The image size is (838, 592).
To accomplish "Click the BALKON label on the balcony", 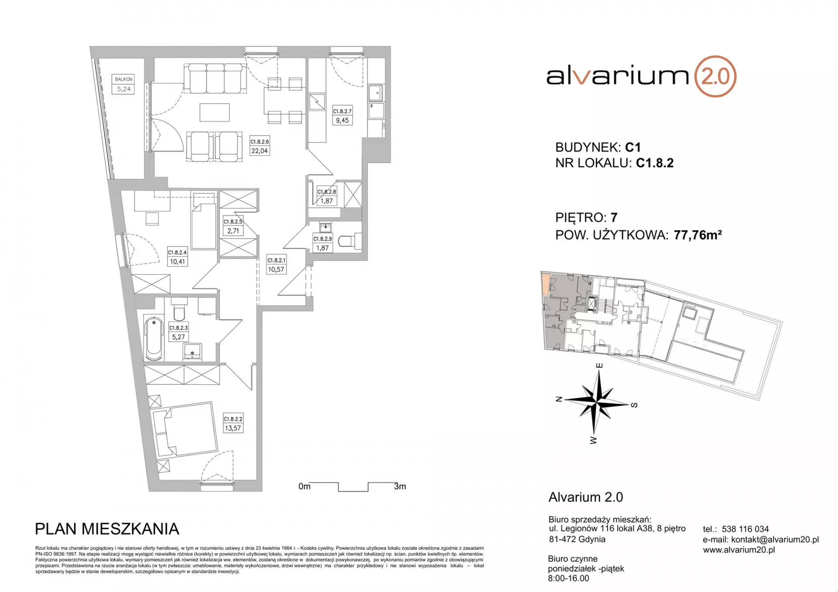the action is click(124, 79).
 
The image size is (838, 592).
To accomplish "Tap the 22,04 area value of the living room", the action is click(259, 151).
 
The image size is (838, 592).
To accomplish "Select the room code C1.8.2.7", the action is click(342, 111).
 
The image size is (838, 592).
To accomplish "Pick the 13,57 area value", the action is click(233, 428).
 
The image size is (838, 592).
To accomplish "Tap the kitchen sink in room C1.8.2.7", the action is click(375, 93).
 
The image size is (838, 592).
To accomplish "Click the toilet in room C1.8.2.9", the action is click(350, 241).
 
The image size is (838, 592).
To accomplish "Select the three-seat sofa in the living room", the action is click(216, 79).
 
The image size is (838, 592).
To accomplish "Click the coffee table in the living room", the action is click(215, 112).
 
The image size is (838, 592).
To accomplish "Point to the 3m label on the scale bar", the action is click(400, 486).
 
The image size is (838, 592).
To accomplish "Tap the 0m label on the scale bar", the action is click(304, 486).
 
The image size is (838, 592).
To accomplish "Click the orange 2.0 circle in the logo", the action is click(715, 76).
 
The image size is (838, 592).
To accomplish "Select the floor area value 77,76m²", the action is click(697, 235).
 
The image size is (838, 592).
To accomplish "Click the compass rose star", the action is click(595, 401).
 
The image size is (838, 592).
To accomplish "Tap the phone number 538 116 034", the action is click(745, 529).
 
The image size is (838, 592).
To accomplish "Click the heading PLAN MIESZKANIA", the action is click(107, 529).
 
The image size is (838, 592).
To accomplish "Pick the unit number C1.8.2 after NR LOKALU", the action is click(655, 163).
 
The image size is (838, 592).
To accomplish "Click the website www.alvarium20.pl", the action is click(739, 550).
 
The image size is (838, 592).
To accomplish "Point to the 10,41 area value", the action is click(177, 262).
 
